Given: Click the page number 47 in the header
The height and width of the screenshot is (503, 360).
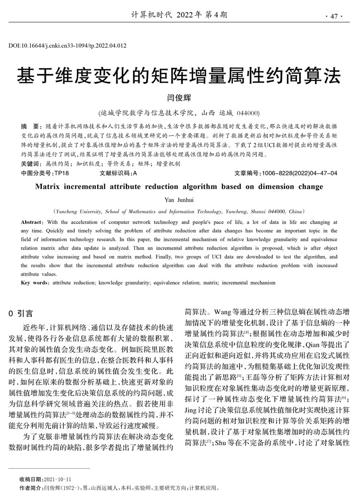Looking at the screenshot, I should click(334, 16).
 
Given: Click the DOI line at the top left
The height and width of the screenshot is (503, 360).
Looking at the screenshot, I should click(67, 46).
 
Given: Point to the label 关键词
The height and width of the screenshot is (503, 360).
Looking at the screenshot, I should click(31, 164).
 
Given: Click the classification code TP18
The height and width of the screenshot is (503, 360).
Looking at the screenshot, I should click(61, 174).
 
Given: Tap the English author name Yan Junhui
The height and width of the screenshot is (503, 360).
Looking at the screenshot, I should click(179, 200).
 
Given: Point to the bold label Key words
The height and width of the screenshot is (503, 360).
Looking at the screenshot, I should click(34, 283).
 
